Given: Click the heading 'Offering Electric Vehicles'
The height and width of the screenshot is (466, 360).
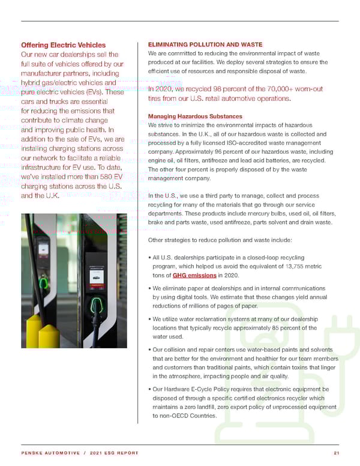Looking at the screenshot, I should click(63, 45).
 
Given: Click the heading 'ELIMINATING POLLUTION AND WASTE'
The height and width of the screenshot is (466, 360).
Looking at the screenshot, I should click(204, 44).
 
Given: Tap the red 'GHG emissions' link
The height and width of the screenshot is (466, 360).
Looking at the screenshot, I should click(194, 276).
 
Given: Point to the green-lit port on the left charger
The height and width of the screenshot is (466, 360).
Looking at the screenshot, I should click(43, 282).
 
